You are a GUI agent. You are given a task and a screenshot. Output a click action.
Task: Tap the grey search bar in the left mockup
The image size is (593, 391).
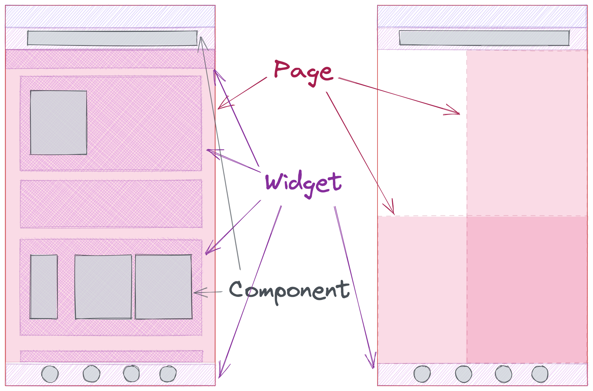click(112, 38)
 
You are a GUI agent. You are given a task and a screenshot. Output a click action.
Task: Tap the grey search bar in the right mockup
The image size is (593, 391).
click(484, 38)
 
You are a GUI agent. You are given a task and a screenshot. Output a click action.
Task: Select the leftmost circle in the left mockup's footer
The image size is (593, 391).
click(50, 374)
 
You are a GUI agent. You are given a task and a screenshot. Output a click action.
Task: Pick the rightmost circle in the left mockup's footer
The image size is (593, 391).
click(168, 374)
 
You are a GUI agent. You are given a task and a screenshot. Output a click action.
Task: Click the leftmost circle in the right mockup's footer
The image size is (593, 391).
click(422, 374)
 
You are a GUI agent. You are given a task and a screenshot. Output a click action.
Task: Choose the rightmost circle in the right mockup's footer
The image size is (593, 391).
click(540, 374)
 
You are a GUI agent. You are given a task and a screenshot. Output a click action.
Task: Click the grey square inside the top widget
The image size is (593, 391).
click(59, 123)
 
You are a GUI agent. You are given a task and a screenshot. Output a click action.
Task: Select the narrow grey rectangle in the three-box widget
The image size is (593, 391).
click(44, 287)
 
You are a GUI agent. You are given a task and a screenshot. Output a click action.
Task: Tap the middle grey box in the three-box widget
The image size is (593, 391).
click(103, 287)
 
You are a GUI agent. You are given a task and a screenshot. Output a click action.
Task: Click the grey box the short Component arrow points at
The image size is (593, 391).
click(163, 287)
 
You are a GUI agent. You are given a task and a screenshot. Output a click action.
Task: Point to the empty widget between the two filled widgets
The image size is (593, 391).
click(111, 204)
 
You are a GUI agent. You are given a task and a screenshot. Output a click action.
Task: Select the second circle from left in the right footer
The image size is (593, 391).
click(463, 374)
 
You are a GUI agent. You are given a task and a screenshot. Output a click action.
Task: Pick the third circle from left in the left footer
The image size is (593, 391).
click(131, 374)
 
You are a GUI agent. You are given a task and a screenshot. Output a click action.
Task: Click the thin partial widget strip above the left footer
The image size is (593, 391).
click(111, 356)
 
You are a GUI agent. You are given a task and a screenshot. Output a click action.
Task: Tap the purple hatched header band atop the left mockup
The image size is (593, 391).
click(110, 17)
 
